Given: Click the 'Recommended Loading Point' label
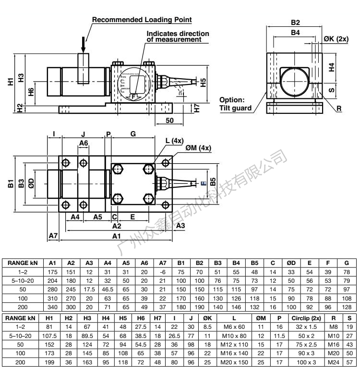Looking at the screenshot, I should point(142,20).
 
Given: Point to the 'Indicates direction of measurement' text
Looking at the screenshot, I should point(178,36).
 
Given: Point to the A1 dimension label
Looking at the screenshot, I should point(116,236).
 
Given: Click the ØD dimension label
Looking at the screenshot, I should point(31,183).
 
